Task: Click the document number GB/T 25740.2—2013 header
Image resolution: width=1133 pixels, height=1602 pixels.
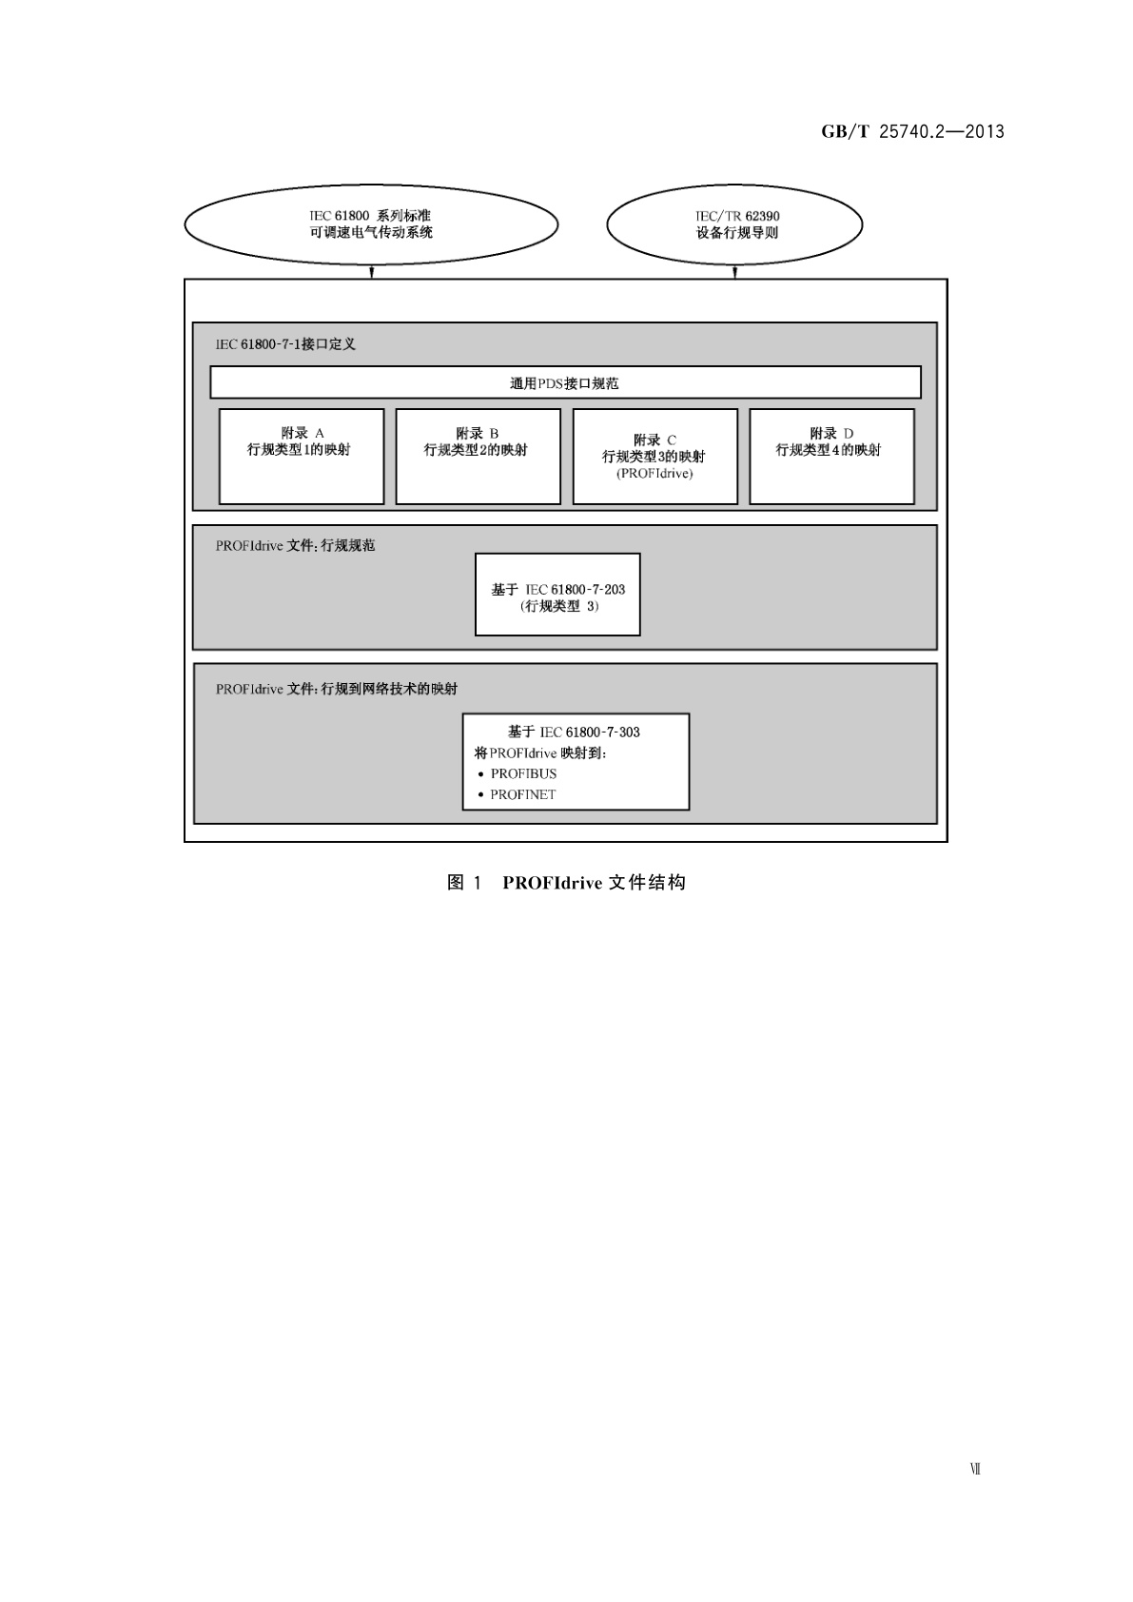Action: pyautogui.click(x=912, y=132)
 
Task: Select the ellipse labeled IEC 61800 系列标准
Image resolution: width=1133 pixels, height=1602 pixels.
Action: pyautogui.click(x=370, y=225)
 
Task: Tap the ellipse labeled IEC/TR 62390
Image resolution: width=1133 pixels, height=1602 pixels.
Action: pyautogui.click(x=734, y=225)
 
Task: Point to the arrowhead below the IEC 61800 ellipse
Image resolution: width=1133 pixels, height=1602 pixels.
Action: pyautogui.click(x=372, y=273)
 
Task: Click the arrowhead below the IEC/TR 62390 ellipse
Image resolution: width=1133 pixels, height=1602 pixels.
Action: pyautogui.click(x=734, y=273)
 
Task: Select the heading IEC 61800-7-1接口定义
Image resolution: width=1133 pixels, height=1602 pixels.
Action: pyautogui.click(x=285, y=344)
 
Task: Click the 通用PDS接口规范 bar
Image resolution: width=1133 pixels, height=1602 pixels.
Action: pyautogui.click(x=565, y=383)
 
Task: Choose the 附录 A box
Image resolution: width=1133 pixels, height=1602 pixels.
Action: pyautogui.click(x=301, y=457)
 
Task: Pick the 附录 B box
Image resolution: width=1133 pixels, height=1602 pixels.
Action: pyautogui.click(x=478, y=457)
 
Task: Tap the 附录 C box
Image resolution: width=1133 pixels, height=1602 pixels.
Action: pyautogui.click(x=654, y=457)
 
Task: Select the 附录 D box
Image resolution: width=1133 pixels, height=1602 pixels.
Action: pyautogui.click(x=831, y=457)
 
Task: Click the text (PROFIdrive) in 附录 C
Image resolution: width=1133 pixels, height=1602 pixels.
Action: pyautogui.click(x=654, y=474)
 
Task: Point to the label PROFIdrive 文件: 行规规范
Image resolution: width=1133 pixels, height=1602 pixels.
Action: pyautogui.click(x=295, y=546)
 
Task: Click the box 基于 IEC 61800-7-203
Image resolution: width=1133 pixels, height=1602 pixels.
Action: pyautogui.click(x=557, y=595)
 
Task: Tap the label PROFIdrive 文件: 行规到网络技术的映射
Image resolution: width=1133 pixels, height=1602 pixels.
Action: pyautogui.click(x=336, y=689)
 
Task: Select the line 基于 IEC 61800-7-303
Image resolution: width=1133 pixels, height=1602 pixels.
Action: pyautogui.click(x=574, y=733)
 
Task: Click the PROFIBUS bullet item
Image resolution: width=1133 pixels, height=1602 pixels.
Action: pyautogui.click(x=523, y=774)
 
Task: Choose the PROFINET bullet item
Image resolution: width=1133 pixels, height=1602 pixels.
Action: pyautogui.click(x=522, y=795)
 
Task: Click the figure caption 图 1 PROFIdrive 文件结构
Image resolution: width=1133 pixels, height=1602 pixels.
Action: pyautogui.click(x=566, y=883)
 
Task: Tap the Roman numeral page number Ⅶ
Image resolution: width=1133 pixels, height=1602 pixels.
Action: pyautogui.click(x=975, y=1470)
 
